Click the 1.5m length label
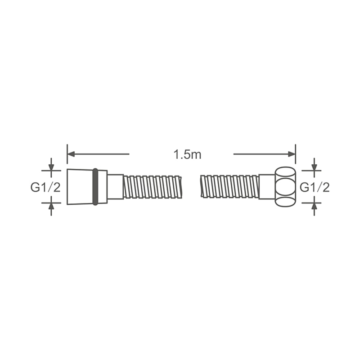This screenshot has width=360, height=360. [x=187, y=154]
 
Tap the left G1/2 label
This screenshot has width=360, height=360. [x=45, y=187]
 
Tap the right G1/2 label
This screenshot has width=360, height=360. [x=315, y=187]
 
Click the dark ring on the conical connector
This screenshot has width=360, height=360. [x=95, y=187]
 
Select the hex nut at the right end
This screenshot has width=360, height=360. [x=285, y=187]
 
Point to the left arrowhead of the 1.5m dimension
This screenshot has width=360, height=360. [x=71, y=154]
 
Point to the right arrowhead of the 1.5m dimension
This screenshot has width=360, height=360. [x=292, y=154]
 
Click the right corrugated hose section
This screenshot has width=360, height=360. [x=229, y=187]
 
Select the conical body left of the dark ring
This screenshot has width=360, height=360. [x=80, y=187]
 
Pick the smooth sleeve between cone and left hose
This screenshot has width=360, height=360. [x=115, y=187]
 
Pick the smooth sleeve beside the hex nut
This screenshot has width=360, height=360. [x=267, y=187]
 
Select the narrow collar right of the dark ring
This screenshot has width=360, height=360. [x=103, y=187]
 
